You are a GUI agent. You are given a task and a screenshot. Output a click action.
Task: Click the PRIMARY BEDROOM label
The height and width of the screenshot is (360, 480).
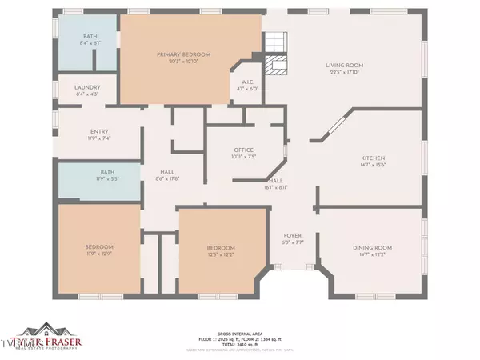tap(189, 54)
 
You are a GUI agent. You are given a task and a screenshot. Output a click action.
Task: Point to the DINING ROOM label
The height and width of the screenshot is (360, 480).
tap(370, 248)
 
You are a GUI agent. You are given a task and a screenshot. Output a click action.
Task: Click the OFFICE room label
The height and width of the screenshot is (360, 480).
tap(243, 150)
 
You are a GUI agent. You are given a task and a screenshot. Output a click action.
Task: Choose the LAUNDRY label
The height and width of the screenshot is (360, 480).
tap(86, 87)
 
